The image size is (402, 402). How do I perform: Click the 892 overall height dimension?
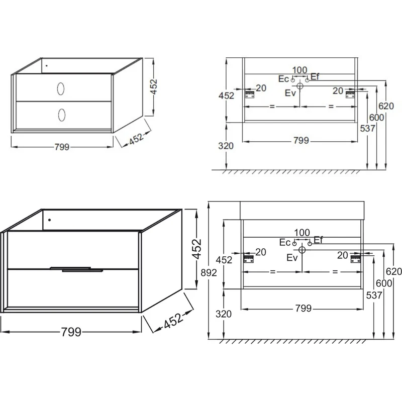point(209,273)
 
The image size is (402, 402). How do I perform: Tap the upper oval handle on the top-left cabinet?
point(61,89)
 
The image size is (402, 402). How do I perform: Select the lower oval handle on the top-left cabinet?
point(62,115)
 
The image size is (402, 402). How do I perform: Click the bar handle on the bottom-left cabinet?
point(76,269)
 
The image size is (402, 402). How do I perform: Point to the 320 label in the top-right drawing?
point(226,146)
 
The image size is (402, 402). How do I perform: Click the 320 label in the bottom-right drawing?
point(224,314)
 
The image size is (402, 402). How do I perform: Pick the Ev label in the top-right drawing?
point(290,93)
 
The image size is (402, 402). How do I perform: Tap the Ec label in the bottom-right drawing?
point(285,242)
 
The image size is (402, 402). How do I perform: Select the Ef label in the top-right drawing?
point(315,76)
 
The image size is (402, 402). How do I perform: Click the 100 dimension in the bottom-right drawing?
point(302,233)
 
